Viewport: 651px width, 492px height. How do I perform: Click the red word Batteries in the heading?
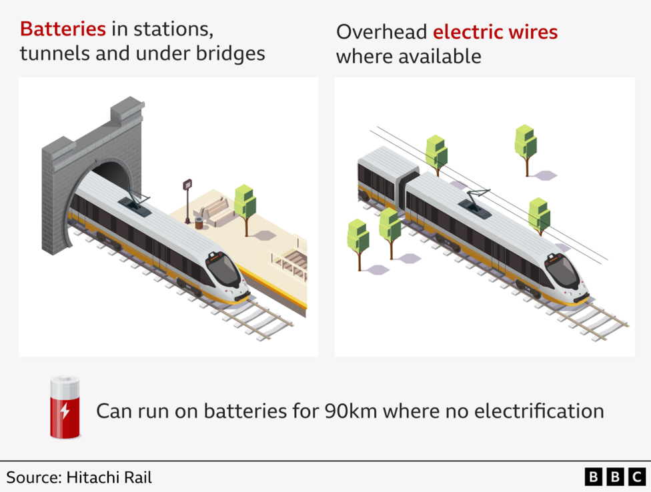coord(63,29)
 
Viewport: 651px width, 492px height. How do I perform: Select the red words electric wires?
coord(495,31)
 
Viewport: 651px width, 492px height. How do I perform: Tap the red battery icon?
coord(65,407)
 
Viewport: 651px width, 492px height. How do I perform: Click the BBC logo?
coord(615,477)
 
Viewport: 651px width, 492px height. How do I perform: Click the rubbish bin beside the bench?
coord(199,222)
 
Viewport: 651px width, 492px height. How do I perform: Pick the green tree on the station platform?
coord(245,204)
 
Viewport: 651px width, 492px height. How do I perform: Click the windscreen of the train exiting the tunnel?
coord(223,270)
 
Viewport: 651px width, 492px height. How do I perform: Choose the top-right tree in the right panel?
coord(526,144)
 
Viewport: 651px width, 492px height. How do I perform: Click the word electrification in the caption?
coord(539,410)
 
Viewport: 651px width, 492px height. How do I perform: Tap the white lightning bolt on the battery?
coord(65,410)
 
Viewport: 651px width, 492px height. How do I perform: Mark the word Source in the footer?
coord(31,477)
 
